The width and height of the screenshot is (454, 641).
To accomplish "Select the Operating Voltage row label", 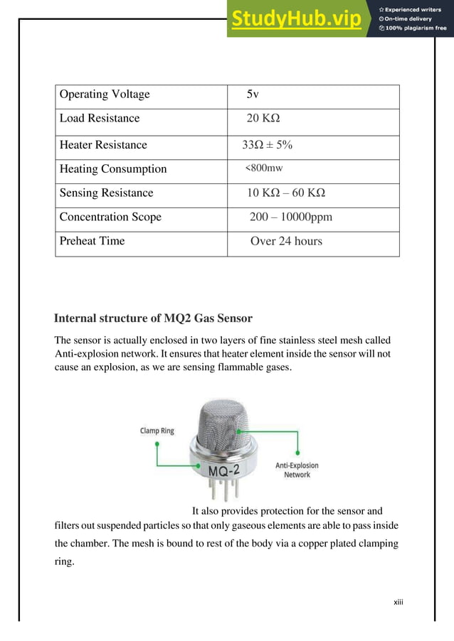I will (x=105, y=95).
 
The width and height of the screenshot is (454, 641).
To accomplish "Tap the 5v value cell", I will (x=253, y=95).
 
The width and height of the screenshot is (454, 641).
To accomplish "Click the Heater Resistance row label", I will (x=103, y=145).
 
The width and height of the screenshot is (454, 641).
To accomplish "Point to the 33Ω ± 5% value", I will (x=268, y=145).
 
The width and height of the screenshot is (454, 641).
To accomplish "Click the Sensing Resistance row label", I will (x=106, y=193).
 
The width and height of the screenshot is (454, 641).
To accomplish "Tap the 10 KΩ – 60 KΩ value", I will (x=287, y=193).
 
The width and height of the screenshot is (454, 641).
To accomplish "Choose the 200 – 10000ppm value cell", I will (x=291, y=217).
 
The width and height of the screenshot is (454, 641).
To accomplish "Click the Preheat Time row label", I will (x=92, y=241).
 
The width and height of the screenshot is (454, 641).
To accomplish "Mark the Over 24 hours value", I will (x=286, y=241).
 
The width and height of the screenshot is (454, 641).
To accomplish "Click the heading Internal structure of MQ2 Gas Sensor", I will (x=154, y=317).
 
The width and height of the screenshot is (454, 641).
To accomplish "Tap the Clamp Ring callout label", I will (x=157, y=430).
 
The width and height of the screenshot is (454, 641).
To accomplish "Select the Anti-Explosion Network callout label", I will (x=297, y=470).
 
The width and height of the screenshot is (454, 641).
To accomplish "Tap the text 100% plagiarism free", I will (x=416, y=28).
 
